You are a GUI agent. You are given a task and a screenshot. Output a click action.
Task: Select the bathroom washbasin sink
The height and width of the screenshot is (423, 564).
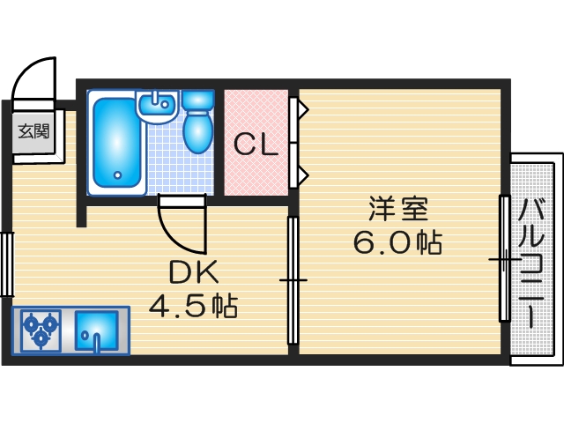(159, 107)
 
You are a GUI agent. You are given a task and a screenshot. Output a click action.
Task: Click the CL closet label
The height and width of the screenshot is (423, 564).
(256, 143)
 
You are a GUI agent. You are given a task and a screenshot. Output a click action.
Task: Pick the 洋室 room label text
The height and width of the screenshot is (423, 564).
(397, 211)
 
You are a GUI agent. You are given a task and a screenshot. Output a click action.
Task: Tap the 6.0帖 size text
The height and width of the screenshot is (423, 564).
(397, 242)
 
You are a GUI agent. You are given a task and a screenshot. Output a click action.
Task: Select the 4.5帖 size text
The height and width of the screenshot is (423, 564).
(192, 307)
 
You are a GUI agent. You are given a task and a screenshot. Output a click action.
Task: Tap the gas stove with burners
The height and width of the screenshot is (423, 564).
(40, 330)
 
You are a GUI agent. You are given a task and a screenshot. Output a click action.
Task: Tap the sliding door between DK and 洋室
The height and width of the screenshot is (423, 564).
(292, 280)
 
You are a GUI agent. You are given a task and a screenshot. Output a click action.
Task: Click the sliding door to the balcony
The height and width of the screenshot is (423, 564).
(504, 258)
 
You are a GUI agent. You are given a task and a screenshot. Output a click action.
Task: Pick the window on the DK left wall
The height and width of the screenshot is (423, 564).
(6, 263)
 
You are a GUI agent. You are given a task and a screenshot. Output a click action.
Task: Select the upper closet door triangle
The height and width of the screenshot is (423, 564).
(301, 110)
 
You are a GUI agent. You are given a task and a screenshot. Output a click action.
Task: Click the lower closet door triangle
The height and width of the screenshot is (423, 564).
(301, 174)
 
